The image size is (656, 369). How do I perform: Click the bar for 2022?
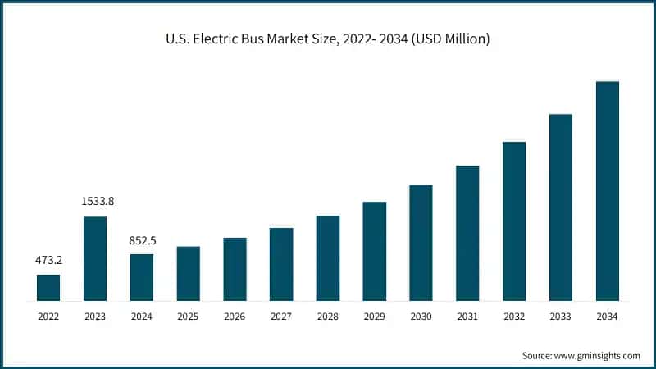(48, 287)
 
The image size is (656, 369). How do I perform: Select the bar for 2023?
(95, 258)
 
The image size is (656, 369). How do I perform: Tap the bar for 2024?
(141, 277)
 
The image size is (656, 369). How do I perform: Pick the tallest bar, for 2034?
(607, 190)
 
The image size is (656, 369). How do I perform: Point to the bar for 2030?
(421, 243)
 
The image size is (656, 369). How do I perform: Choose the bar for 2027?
(281, 264)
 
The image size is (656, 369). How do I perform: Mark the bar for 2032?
(514, 221)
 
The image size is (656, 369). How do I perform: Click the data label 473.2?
(48, 260)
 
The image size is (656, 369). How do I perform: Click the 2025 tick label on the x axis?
(188, 316)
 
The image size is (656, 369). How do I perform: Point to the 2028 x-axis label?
(328, 316)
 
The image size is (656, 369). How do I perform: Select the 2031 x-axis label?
(467, 316)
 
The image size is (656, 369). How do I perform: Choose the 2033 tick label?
(561, 316)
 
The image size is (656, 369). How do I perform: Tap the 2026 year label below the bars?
(235, 316)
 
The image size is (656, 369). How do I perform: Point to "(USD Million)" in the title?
(450, 39)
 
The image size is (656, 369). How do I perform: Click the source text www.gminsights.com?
(596, 355)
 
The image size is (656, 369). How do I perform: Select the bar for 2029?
(374, 251)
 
